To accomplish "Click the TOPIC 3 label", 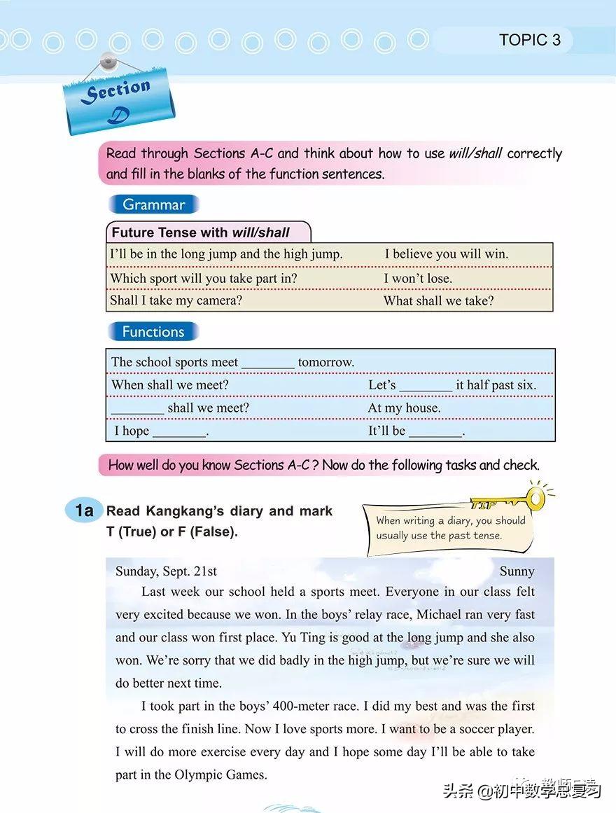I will coord(529,40).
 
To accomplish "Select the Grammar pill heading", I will coord(153,204).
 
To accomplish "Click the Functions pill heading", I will coord(153,332).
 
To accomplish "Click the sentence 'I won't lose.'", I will coord(418,278).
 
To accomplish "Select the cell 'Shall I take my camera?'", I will coord(176,300).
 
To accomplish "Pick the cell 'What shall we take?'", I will coord(438,300).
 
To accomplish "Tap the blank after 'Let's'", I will coord(426,386).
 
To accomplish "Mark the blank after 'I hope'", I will coord(179,432).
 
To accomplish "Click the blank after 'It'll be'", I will coord(435,432).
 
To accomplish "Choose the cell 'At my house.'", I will coord(404,408).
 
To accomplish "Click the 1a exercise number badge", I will coord(84,510).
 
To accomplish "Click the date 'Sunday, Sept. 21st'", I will coord(166,571).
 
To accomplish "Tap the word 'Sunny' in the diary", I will coord(517,571).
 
